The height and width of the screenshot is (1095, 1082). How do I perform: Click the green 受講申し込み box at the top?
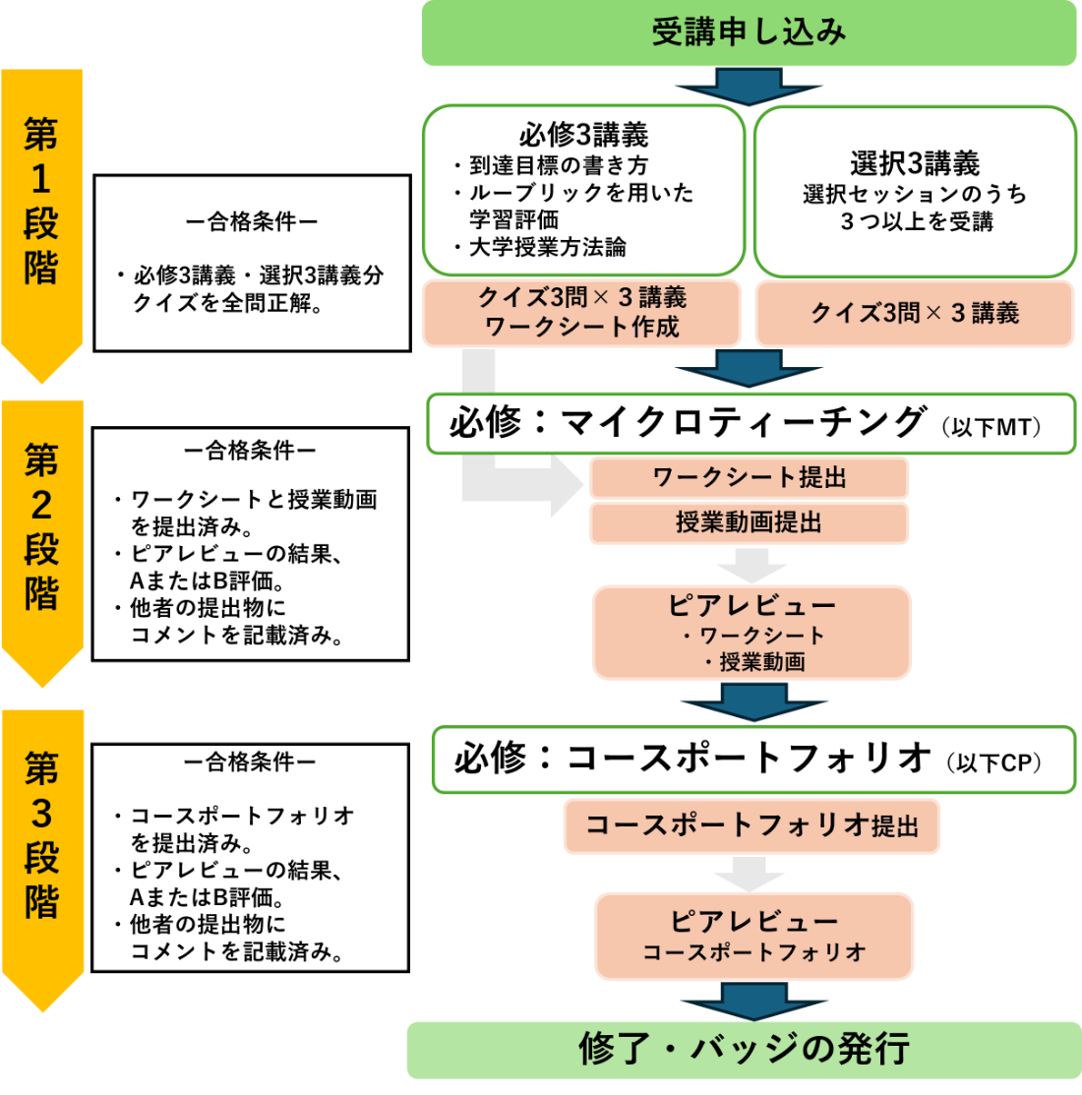(749, 32)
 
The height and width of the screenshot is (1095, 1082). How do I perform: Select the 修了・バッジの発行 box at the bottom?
(744, 1050)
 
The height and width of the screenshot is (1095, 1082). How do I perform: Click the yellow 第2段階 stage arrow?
(41, 536)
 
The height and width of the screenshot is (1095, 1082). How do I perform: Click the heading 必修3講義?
(583, 134)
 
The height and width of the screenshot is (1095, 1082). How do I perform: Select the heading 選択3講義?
(915, 162)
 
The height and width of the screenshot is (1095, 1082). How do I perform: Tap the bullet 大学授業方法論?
(547, 247)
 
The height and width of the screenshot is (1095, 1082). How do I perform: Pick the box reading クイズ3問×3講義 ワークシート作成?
(581, 312)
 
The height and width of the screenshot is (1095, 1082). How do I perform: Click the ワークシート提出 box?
(750, 478)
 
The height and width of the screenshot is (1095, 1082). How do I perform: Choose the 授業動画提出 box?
(750, 523)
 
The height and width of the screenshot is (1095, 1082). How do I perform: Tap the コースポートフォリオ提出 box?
(751, 825)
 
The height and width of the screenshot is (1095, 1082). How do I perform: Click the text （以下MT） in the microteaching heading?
(991, 427)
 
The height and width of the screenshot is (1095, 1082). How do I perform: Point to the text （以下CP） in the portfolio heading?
(994, 763)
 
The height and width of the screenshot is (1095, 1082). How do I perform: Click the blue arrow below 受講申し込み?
(749, 88)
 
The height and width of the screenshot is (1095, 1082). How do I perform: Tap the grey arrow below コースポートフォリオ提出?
(751, 873)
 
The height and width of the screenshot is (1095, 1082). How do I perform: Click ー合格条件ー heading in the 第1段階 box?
(252, 221)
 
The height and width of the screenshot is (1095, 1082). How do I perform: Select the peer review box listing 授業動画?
(751, 633)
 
